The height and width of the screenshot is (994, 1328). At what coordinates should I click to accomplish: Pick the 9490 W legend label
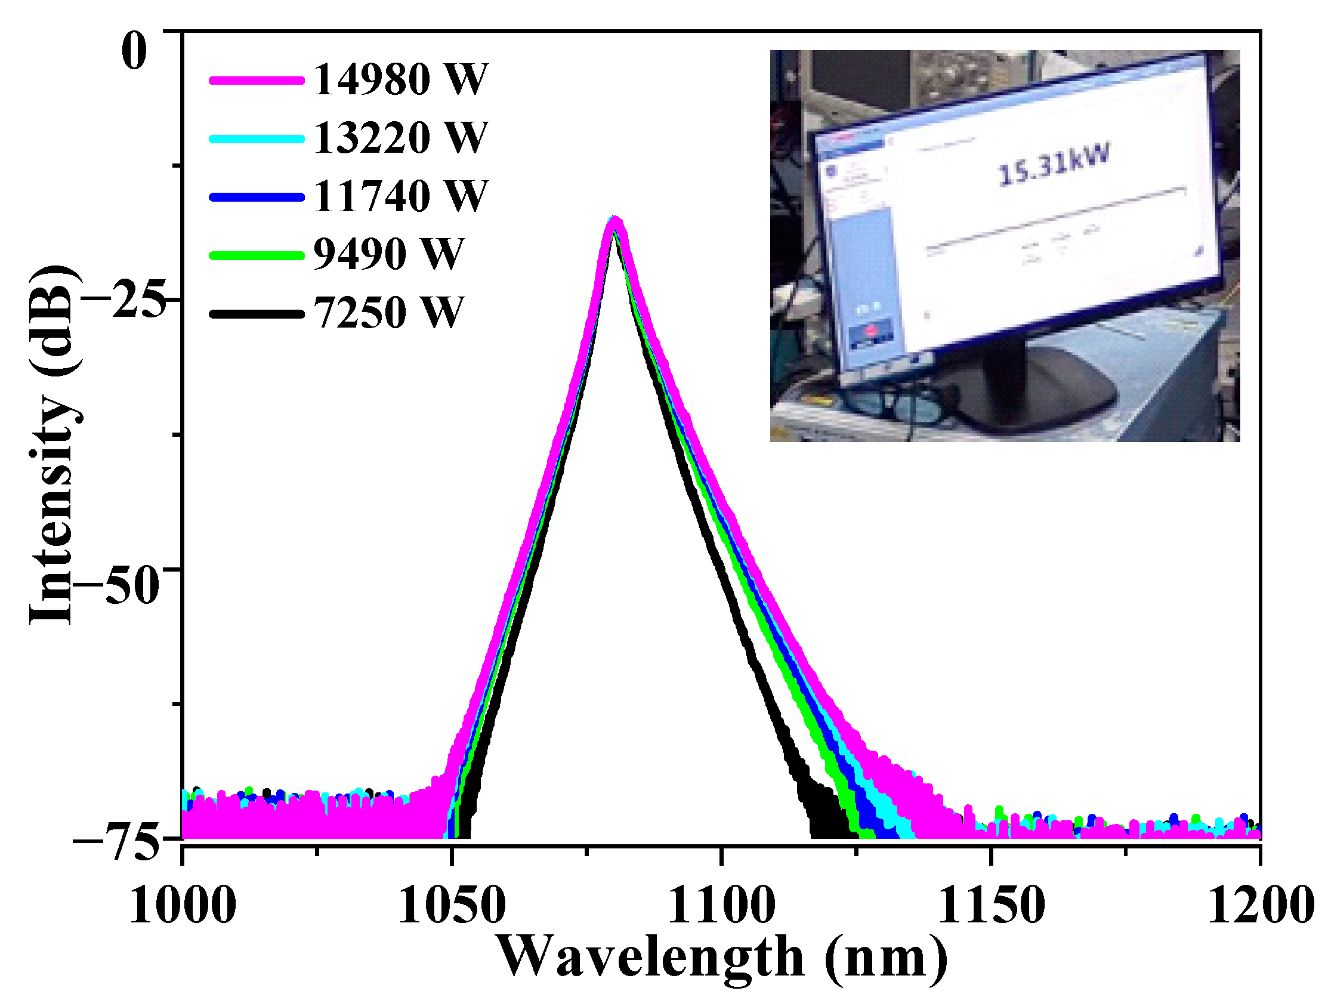pos(388,254)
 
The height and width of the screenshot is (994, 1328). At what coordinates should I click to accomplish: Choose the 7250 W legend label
pos(388,312)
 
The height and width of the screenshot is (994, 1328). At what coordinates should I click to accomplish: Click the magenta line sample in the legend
pos(257,81)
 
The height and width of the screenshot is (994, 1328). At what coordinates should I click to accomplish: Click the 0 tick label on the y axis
pos(134,51)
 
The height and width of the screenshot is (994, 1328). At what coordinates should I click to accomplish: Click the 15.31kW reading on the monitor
pos(1053,164)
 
